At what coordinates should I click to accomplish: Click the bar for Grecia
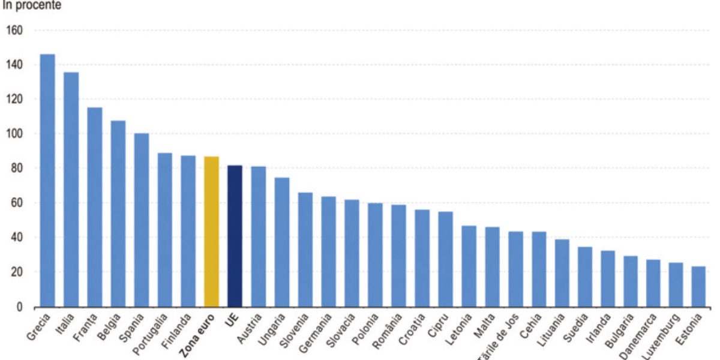pyautogui.click(x=47, y=180)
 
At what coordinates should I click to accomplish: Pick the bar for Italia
pyautogui.click(x=71, y=189)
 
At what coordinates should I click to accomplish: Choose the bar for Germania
pyautogui.click(x=329, y=251)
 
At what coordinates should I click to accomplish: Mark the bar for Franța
pyautogui.click(x=94, y=207)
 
